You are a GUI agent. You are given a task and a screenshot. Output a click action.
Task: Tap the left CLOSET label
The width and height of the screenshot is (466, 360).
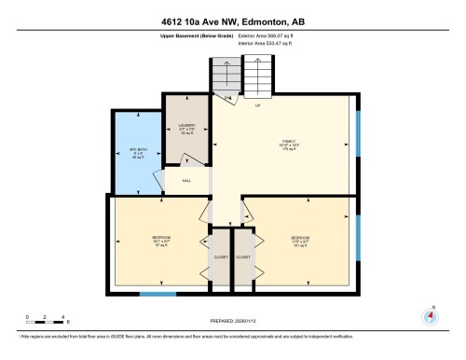(x=220, y=256)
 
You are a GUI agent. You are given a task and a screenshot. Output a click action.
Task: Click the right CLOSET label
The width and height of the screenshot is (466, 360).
(x=243, y=256)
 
